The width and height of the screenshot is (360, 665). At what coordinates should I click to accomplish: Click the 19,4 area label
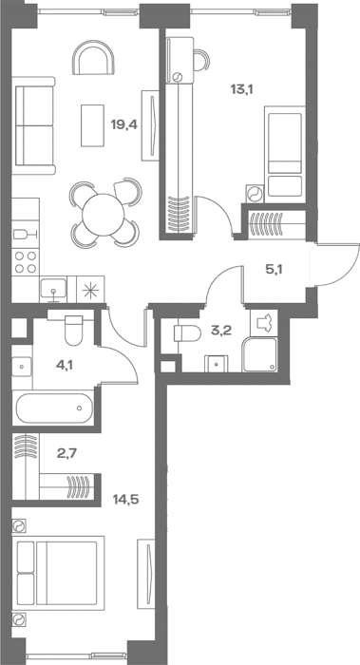[x=124, y=125]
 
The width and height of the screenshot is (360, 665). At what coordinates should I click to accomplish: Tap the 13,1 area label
[x=241, y=89]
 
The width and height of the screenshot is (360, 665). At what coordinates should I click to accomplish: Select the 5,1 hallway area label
[x=274, y=269]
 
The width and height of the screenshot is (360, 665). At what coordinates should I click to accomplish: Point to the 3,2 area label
[x=221, y=331]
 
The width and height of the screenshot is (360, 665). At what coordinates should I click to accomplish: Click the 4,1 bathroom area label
[x=65, y=364]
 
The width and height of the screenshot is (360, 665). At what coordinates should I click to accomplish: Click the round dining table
[x=104, y=215]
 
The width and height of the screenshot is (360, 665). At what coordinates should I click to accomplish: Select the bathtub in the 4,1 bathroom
[x=54, y=408]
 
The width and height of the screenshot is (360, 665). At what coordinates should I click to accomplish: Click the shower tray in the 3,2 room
[x=259, y=355]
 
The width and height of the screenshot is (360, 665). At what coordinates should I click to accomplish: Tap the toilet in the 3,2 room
[x=187, y=333]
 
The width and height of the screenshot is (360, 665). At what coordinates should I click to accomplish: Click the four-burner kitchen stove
[x=26, y=262]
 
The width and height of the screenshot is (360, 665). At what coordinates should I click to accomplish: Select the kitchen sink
[x=53, y=289]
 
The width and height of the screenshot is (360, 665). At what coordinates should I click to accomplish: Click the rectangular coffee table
[x=92, y=125]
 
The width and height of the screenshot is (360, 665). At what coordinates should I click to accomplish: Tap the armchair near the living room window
[x=93, y=57]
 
